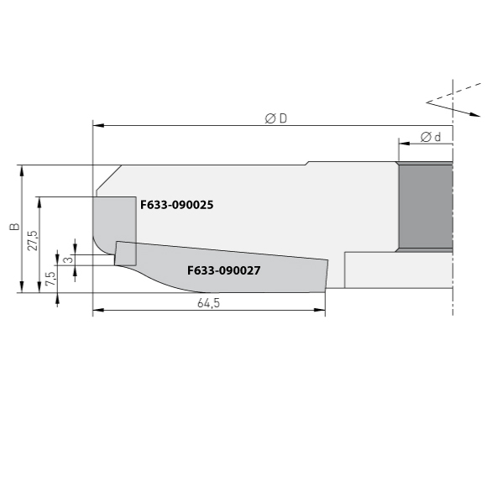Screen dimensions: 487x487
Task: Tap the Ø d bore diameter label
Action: [430, 136]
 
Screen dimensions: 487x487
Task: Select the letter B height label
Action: [13, 228]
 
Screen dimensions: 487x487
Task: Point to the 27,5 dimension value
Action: [33, 242]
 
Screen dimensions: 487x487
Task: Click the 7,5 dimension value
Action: [51, 278]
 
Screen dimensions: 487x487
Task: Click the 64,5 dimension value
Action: [208, 303]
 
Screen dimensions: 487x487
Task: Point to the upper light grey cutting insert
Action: [113, 220]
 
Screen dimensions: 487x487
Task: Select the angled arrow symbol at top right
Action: [441, 103]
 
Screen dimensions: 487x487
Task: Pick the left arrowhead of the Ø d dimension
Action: [402, 144]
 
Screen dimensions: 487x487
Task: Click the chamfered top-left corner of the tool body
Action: [107, 178]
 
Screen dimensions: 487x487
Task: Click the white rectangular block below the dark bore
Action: [398, 270]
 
